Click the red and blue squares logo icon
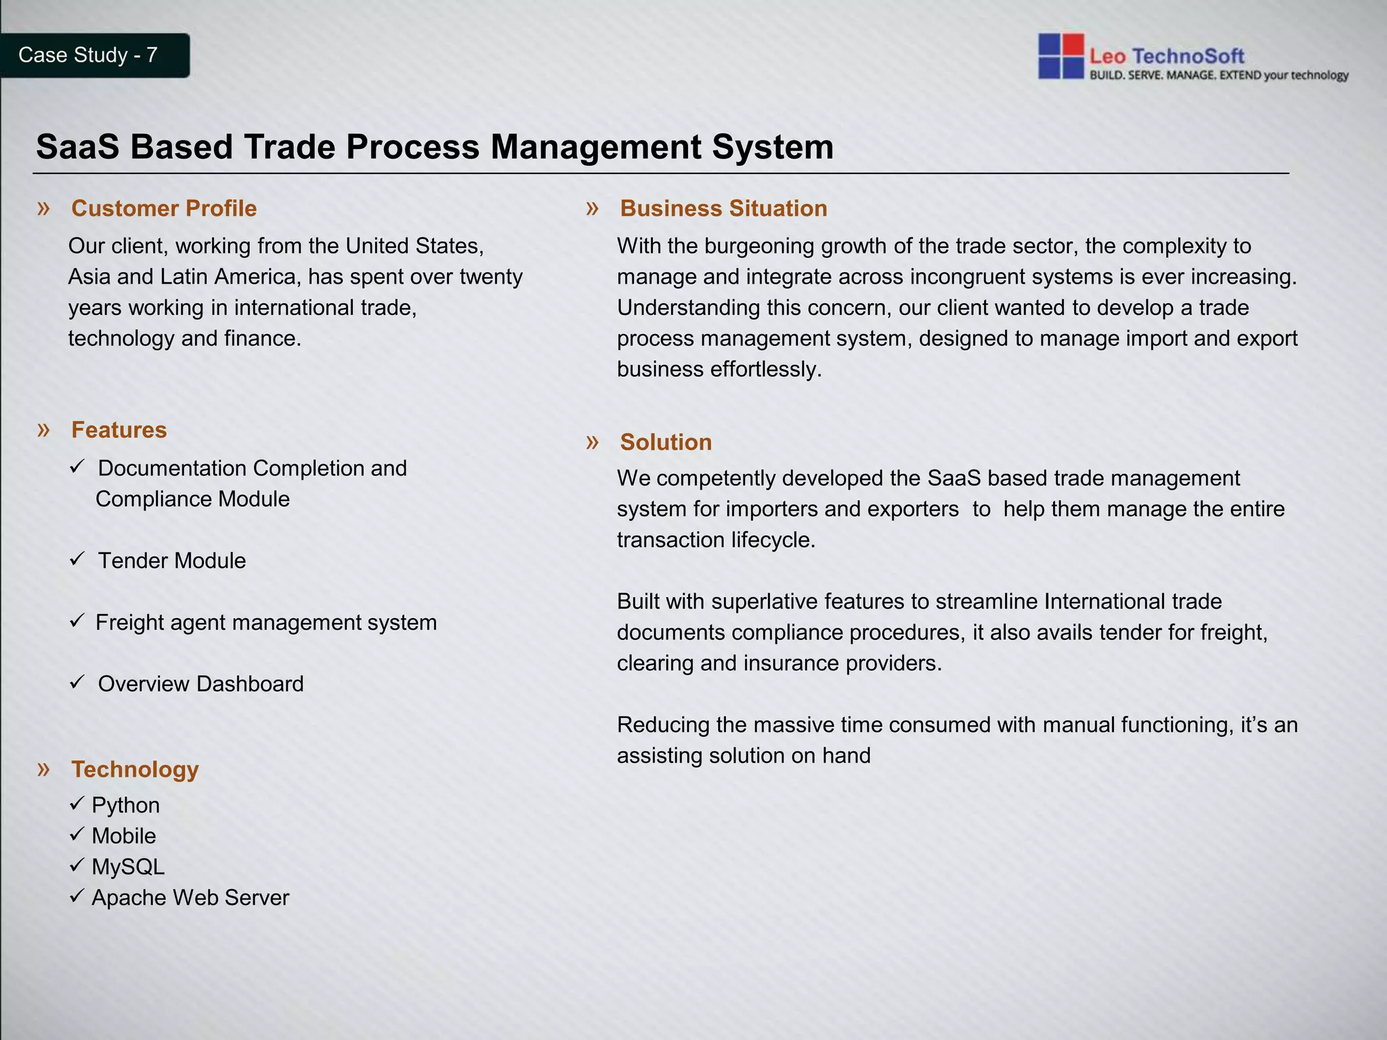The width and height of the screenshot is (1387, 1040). [1061, 56]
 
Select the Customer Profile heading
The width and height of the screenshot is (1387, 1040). [164, 209]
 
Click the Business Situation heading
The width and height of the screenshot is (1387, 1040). [723, 209]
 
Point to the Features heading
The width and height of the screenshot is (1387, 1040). [119, 430]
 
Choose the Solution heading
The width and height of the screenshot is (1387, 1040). [666, 442]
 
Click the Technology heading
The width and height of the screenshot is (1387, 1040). [135, 769]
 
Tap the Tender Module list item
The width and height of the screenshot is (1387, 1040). [171, 561]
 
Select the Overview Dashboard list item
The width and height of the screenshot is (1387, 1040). [200, 684]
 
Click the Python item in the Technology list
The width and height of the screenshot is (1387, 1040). [125, 805]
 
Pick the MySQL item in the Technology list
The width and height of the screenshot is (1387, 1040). [128, 867]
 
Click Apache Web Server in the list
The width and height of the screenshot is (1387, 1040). [190, 898]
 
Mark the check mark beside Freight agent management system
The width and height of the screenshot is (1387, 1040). [77, 621]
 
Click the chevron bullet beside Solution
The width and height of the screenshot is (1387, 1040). [593, 442]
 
